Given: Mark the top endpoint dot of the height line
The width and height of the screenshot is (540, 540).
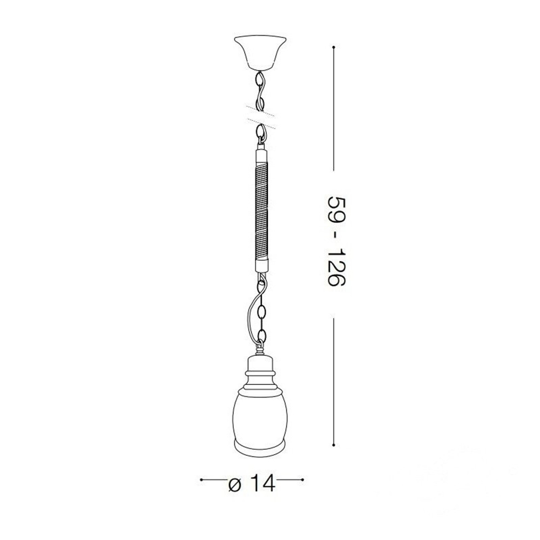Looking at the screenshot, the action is [333, 47].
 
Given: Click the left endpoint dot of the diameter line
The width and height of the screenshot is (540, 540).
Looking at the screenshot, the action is [201, 480].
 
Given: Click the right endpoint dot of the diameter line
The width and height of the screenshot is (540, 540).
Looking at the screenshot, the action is [302, 480].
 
